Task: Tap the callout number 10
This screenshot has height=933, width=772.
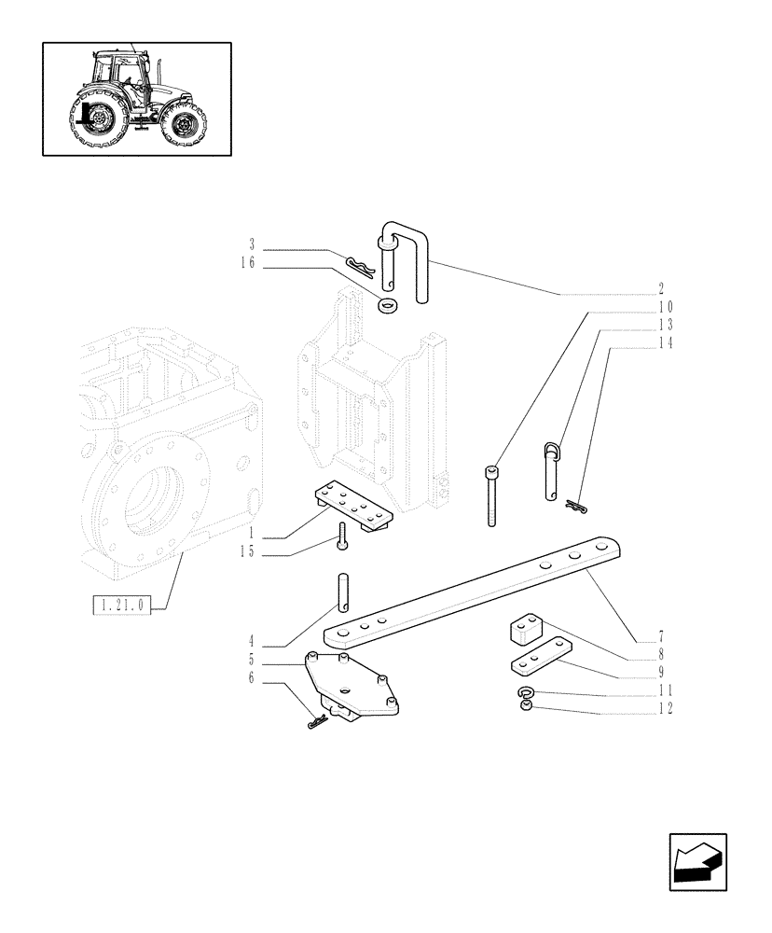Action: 665,307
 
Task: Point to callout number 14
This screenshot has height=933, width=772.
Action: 665,343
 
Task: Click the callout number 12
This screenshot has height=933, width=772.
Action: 665,709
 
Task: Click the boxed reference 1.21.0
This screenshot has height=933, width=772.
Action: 121,606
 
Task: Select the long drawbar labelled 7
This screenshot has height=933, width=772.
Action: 466,592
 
